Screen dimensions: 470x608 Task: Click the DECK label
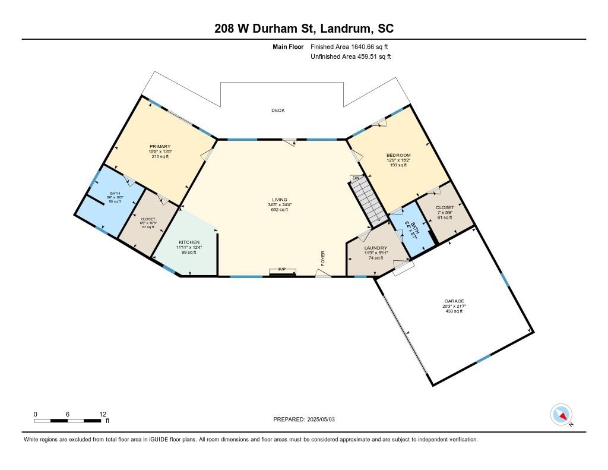tap(278, 111)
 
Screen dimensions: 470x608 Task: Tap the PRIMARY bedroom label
tap(160, 146)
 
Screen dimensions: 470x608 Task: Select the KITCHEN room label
tap(189, 242)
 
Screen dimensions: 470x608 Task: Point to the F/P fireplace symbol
tap(283, 270)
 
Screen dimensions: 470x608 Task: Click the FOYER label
tap(323, 257)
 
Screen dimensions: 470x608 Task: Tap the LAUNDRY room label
tap(375, 248)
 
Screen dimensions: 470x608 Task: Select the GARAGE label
tap(454, 301)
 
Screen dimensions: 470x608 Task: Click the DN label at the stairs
tap(356, 178)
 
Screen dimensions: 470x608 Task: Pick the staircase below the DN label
tap(367, 203)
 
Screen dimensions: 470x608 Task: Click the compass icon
tap(561, 414)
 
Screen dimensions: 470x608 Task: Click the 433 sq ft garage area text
tap(454, 311)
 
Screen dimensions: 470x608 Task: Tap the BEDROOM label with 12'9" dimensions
tap(398, 155)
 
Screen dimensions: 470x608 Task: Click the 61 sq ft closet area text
tap(445, 218)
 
